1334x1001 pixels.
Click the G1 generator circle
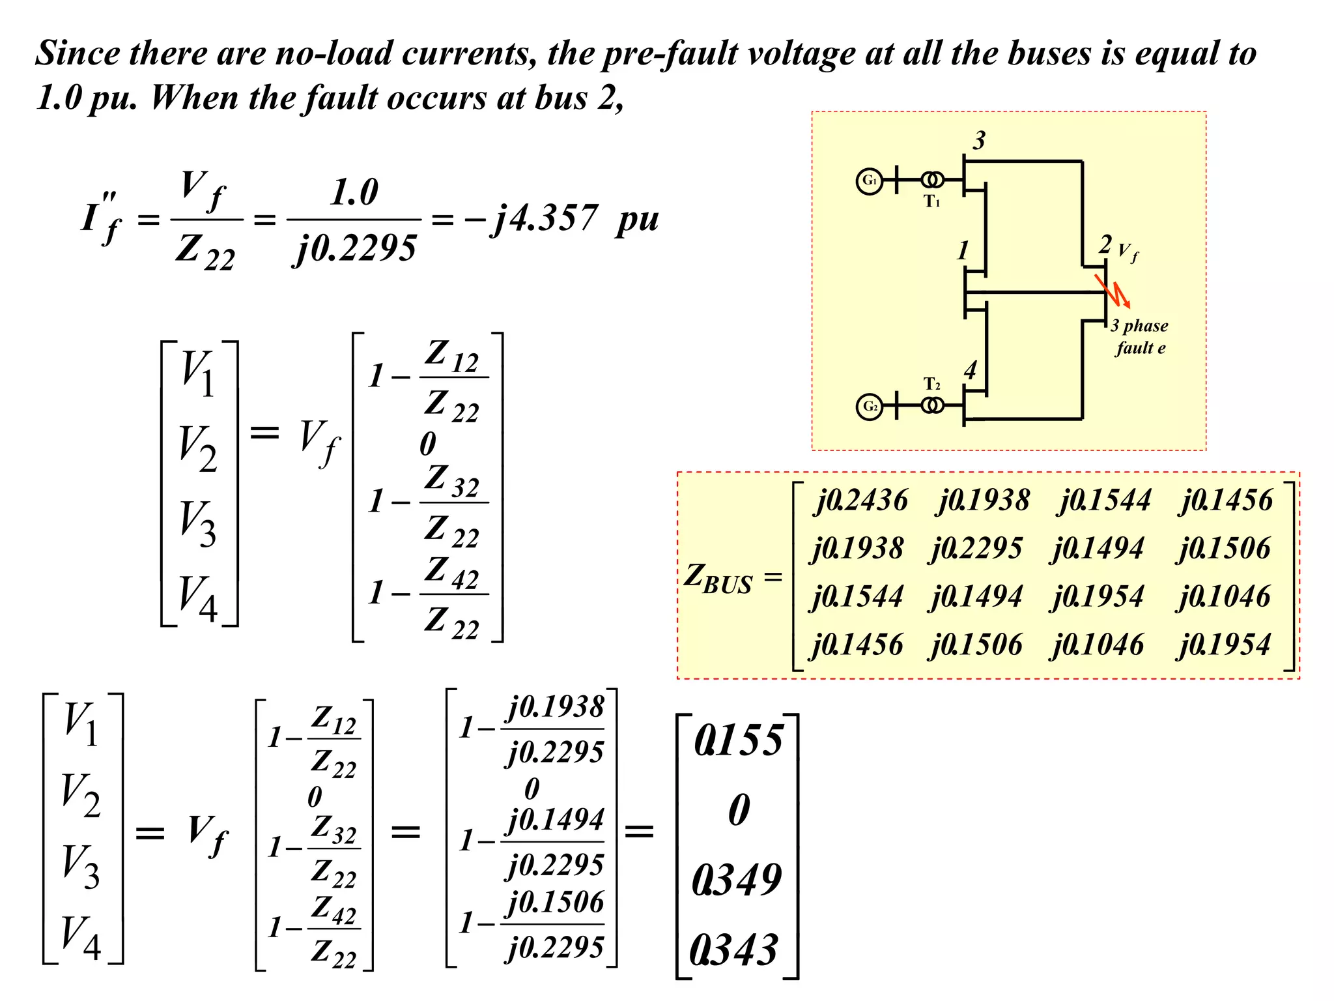[x=869, y=181]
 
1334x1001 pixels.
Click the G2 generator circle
[x=869, y=407]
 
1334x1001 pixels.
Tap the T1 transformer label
[x=931, y=201]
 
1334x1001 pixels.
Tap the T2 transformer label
[x=931, y=384]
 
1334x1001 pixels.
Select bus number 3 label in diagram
[x=979, y=140]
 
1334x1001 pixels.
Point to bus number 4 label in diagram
[x=971, y=370]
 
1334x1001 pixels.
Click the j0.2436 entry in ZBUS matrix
[x=860, y=500]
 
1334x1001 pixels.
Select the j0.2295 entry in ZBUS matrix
[x=976, y=549]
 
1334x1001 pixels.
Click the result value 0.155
[x=739, y=741]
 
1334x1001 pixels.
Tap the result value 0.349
[x=737, y=880]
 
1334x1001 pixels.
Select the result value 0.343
[x=734, y=950]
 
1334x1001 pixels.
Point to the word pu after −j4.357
[x=637, y=220]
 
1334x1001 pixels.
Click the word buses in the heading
[x=1049, y=53]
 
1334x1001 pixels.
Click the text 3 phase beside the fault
[x=1139, y=325]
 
